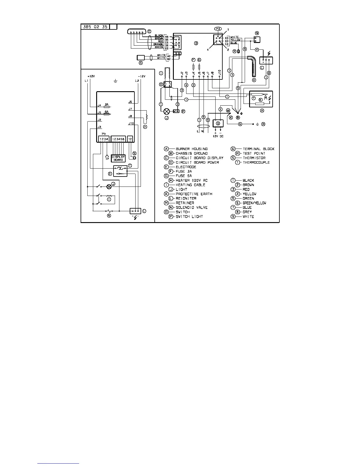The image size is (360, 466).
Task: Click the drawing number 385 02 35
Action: tap(95, 27)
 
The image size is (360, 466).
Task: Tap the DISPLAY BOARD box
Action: tap(118, 158)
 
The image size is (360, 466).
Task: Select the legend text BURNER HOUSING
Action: tap(191, 149)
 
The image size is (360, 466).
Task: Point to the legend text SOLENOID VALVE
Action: tap(191, 207)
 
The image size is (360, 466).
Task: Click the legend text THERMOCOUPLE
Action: tap(256, 162)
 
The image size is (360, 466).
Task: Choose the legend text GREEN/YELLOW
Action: tap(254, 203)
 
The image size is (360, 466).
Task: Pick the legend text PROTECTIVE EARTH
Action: tap(194, 194)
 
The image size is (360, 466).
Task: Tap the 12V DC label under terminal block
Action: tap(218, 137)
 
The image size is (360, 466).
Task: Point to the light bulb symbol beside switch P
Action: tap(167, 111)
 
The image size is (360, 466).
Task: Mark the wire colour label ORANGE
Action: tap(158, 44)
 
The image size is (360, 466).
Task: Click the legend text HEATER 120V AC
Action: tap(191, 180)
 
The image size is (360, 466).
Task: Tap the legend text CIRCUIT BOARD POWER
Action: tap(197, 162)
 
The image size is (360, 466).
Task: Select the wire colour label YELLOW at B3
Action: tap(235, 40)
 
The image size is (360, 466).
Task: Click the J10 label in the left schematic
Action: tap(131, 124)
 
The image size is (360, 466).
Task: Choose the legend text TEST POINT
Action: tap(254, 153)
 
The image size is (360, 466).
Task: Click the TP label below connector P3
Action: tap(107, 159)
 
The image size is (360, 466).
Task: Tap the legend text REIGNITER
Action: tap(186, 199)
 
